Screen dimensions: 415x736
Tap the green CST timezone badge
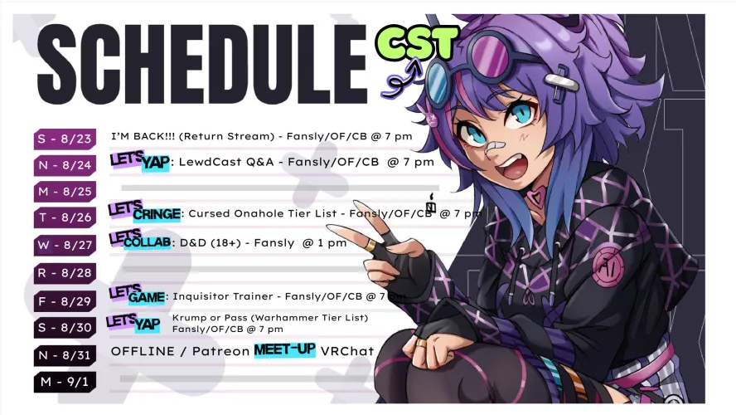tap(416, 42)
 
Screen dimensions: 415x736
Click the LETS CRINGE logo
tap(144, 212)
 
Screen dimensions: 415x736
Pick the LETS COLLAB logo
tap(143, 240)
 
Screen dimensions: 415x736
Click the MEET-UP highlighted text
tap(284, 349)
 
